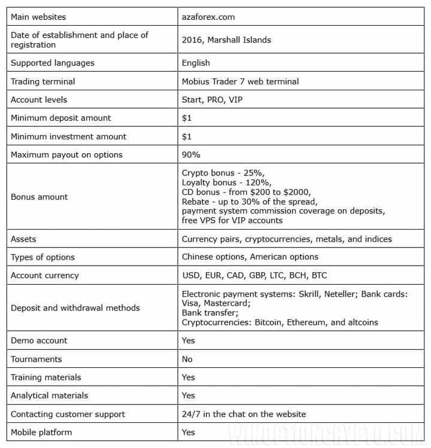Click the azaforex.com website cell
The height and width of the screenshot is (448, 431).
pos(208,17)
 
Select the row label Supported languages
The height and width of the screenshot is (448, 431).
pos(53,63)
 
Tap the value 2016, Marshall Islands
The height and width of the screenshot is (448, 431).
pos(226,40)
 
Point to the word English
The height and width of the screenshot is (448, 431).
pos(196,63)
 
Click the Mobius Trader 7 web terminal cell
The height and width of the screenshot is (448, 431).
pos(240,81)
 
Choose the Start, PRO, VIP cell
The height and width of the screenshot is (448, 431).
pos(208,99)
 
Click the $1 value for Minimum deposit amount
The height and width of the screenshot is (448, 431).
pos(187,118)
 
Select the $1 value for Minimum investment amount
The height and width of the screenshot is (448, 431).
pos(187,136)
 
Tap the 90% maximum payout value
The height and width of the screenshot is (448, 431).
pos(191,154)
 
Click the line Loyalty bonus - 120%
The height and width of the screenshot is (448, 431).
pos(227,182)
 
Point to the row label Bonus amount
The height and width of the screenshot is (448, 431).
pos(40,197)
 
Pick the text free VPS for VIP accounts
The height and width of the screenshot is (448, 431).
pos(232,221)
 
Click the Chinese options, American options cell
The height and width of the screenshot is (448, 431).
pos(250,257)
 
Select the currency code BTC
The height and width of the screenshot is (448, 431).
pos(319,276)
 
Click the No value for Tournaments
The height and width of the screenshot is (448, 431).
pos(187,359)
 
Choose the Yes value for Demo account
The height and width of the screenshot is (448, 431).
pos(189,340)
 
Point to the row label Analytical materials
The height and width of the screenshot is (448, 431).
pos(50,395)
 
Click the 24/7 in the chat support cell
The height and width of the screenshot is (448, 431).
pos(244,414)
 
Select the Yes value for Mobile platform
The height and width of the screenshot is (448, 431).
pos(189,432)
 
